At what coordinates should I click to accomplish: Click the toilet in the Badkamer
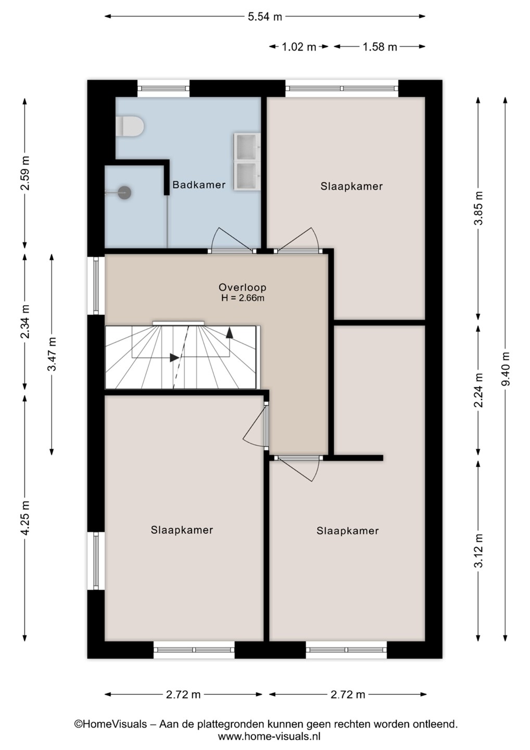[x=130, y=127]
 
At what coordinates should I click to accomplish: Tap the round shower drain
[x=125, y=193]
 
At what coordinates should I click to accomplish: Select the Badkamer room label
[x=199, y=184]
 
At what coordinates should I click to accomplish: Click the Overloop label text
[x=243, y=287]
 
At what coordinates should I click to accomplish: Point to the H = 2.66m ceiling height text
[x=243, y=298]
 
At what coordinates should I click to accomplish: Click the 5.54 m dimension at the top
[x=265, y=17]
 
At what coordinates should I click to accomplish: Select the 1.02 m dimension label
[x=299, y=47]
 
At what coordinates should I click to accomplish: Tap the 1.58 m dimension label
[x=380, y=47]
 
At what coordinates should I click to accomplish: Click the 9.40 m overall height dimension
[x=506, y=369]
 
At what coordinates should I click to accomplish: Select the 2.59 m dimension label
[x=25, y=173]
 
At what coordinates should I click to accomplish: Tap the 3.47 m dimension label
[x=52, y=354]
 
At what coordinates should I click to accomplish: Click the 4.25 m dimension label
[x=25, y=518]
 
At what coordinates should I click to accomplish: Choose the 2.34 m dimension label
[x=25, y=321]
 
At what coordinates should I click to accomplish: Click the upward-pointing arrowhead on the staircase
[x=230, y=333]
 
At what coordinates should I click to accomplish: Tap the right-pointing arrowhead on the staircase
[x=174, y=358]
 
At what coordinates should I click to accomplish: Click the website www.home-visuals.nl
[x=269, y=736]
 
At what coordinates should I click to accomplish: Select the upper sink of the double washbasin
[x=247, y=147]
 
